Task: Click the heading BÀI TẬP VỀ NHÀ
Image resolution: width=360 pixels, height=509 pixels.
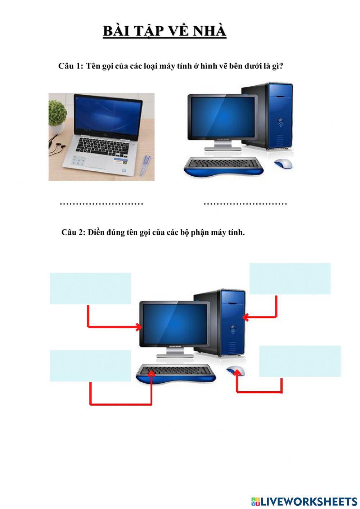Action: point(165,31)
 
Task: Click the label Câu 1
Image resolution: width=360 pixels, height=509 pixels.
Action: point(71,66)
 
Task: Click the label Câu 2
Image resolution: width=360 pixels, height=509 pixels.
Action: point(73,233)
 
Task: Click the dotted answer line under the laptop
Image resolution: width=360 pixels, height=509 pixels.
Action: point(102,204)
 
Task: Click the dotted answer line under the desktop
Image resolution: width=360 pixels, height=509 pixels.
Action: point(245,204)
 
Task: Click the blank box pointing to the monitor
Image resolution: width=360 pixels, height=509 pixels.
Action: point(90,288)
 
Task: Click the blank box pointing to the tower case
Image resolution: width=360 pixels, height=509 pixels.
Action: point(290,279)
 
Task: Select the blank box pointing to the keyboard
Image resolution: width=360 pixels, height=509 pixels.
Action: point(90,366)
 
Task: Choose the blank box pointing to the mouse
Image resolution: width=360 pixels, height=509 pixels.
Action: point(300,361)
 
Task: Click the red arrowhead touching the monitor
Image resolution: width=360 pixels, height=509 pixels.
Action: point(139,327)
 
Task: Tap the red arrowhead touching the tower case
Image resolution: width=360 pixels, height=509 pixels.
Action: point(246,317)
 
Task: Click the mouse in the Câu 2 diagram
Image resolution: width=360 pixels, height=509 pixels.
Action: point(236,370)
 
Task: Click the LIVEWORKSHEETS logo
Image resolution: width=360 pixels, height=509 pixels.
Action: point(304,501)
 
